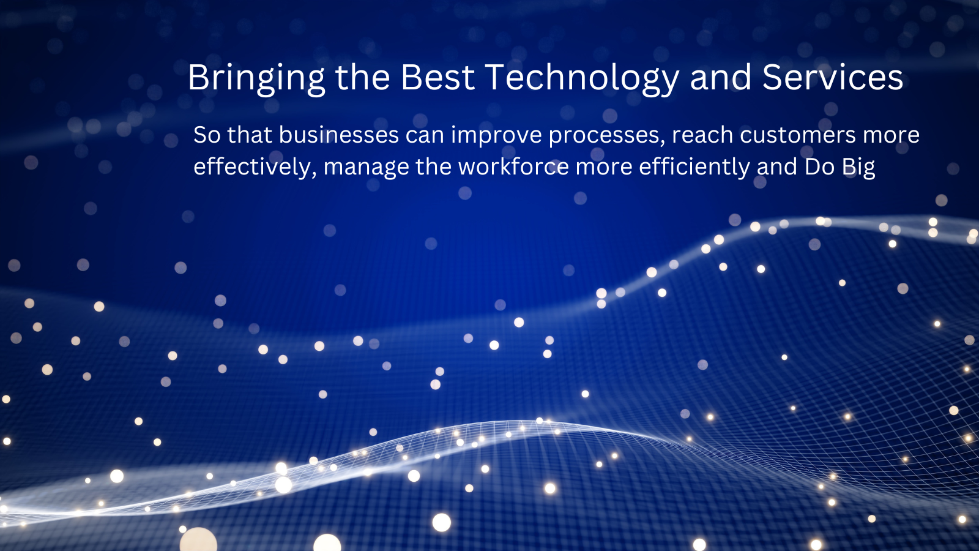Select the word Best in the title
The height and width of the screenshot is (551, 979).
[x=437, y=77]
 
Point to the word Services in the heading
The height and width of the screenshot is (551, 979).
[x=833, y=77]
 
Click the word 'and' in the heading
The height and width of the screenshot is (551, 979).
[x=721, y=77]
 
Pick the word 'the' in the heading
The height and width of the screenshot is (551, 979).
[x=362, y=77]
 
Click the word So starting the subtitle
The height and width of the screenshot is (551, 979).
[x=207, y=135]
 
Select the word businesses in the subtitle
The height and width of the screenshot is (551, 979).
[x=339, y=135]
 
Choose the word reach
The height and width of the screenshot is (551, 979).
[x=702, y=135]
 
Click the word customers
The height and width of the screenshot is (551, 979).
[x=798, y=135]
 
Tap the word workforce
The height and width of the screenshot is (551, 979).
[x=514, y=167]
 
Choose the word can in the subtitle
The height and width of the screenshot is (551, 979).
[x=425, y=135]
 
